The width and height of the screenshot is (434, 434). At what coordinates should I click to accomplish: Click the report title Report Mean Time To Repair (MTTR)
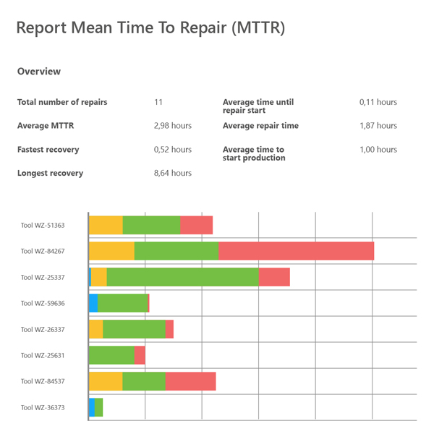(x=150, y=28)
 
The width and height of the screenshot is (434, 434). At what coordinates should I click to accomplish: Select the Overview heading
(x=39, y=72)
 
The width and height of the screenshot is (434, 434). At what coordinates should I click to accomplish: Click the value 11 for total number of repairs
(x=158, y=102)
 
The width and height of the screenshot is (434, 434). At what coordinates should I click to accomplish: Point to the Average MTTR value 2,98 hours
(x=173, y=126)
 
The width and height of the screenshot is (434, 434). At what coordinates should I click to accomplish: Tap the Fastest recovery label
(x=48, y=150)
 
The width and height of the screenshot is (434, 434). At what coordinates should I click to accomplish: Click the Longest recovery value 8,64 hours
(x=173, y=174)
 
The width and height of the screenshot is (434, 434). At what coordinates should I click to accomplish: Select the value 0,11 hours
(x=378, y=102)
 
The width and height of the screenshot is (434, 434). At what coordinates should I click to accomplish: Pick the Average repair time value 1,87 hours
(x=378, y=126)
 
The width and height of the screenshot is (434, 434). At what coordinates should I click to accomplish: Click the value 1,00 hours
(x=378, y=150)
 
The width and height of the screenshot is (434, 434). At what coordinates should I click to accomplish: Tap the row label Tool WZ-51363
(x=43, y=225)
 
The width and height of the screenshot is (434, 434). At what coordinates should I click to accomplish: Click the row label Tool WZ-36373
(x=43, y=407)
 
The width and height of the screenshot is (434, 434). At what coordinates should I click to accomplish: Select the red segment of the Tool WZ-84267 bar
(x=296, y=251)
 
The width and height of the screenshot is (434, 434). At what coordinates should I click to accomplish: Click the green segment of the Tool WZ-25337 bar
(x=182, y=277)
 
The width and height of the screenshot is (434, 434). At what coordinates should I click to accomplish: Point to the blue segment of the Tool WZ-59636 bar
(x=93, y=303)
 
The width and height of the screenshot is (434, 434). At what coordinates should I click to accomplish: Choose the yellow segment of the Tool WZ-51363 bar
(x=106, y=225)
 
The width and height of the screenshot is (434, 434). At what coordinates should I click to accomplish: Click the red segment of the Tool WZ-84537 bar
(x=191, y=381)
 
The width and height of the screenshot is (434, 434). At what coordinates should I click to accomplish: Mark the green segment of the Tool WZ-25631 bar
(x=111, y=355)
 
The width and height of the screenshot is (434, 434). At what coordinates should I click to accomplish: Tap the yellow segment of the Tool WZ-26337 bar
(x=96, y=329)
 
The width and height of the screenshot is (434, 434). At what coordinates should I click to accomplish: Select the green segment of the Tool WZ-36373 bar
(x=99, y=407)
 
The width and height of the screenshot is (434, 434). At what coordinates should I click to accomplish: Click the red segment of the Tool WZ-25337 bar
(x=274, y=277)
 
